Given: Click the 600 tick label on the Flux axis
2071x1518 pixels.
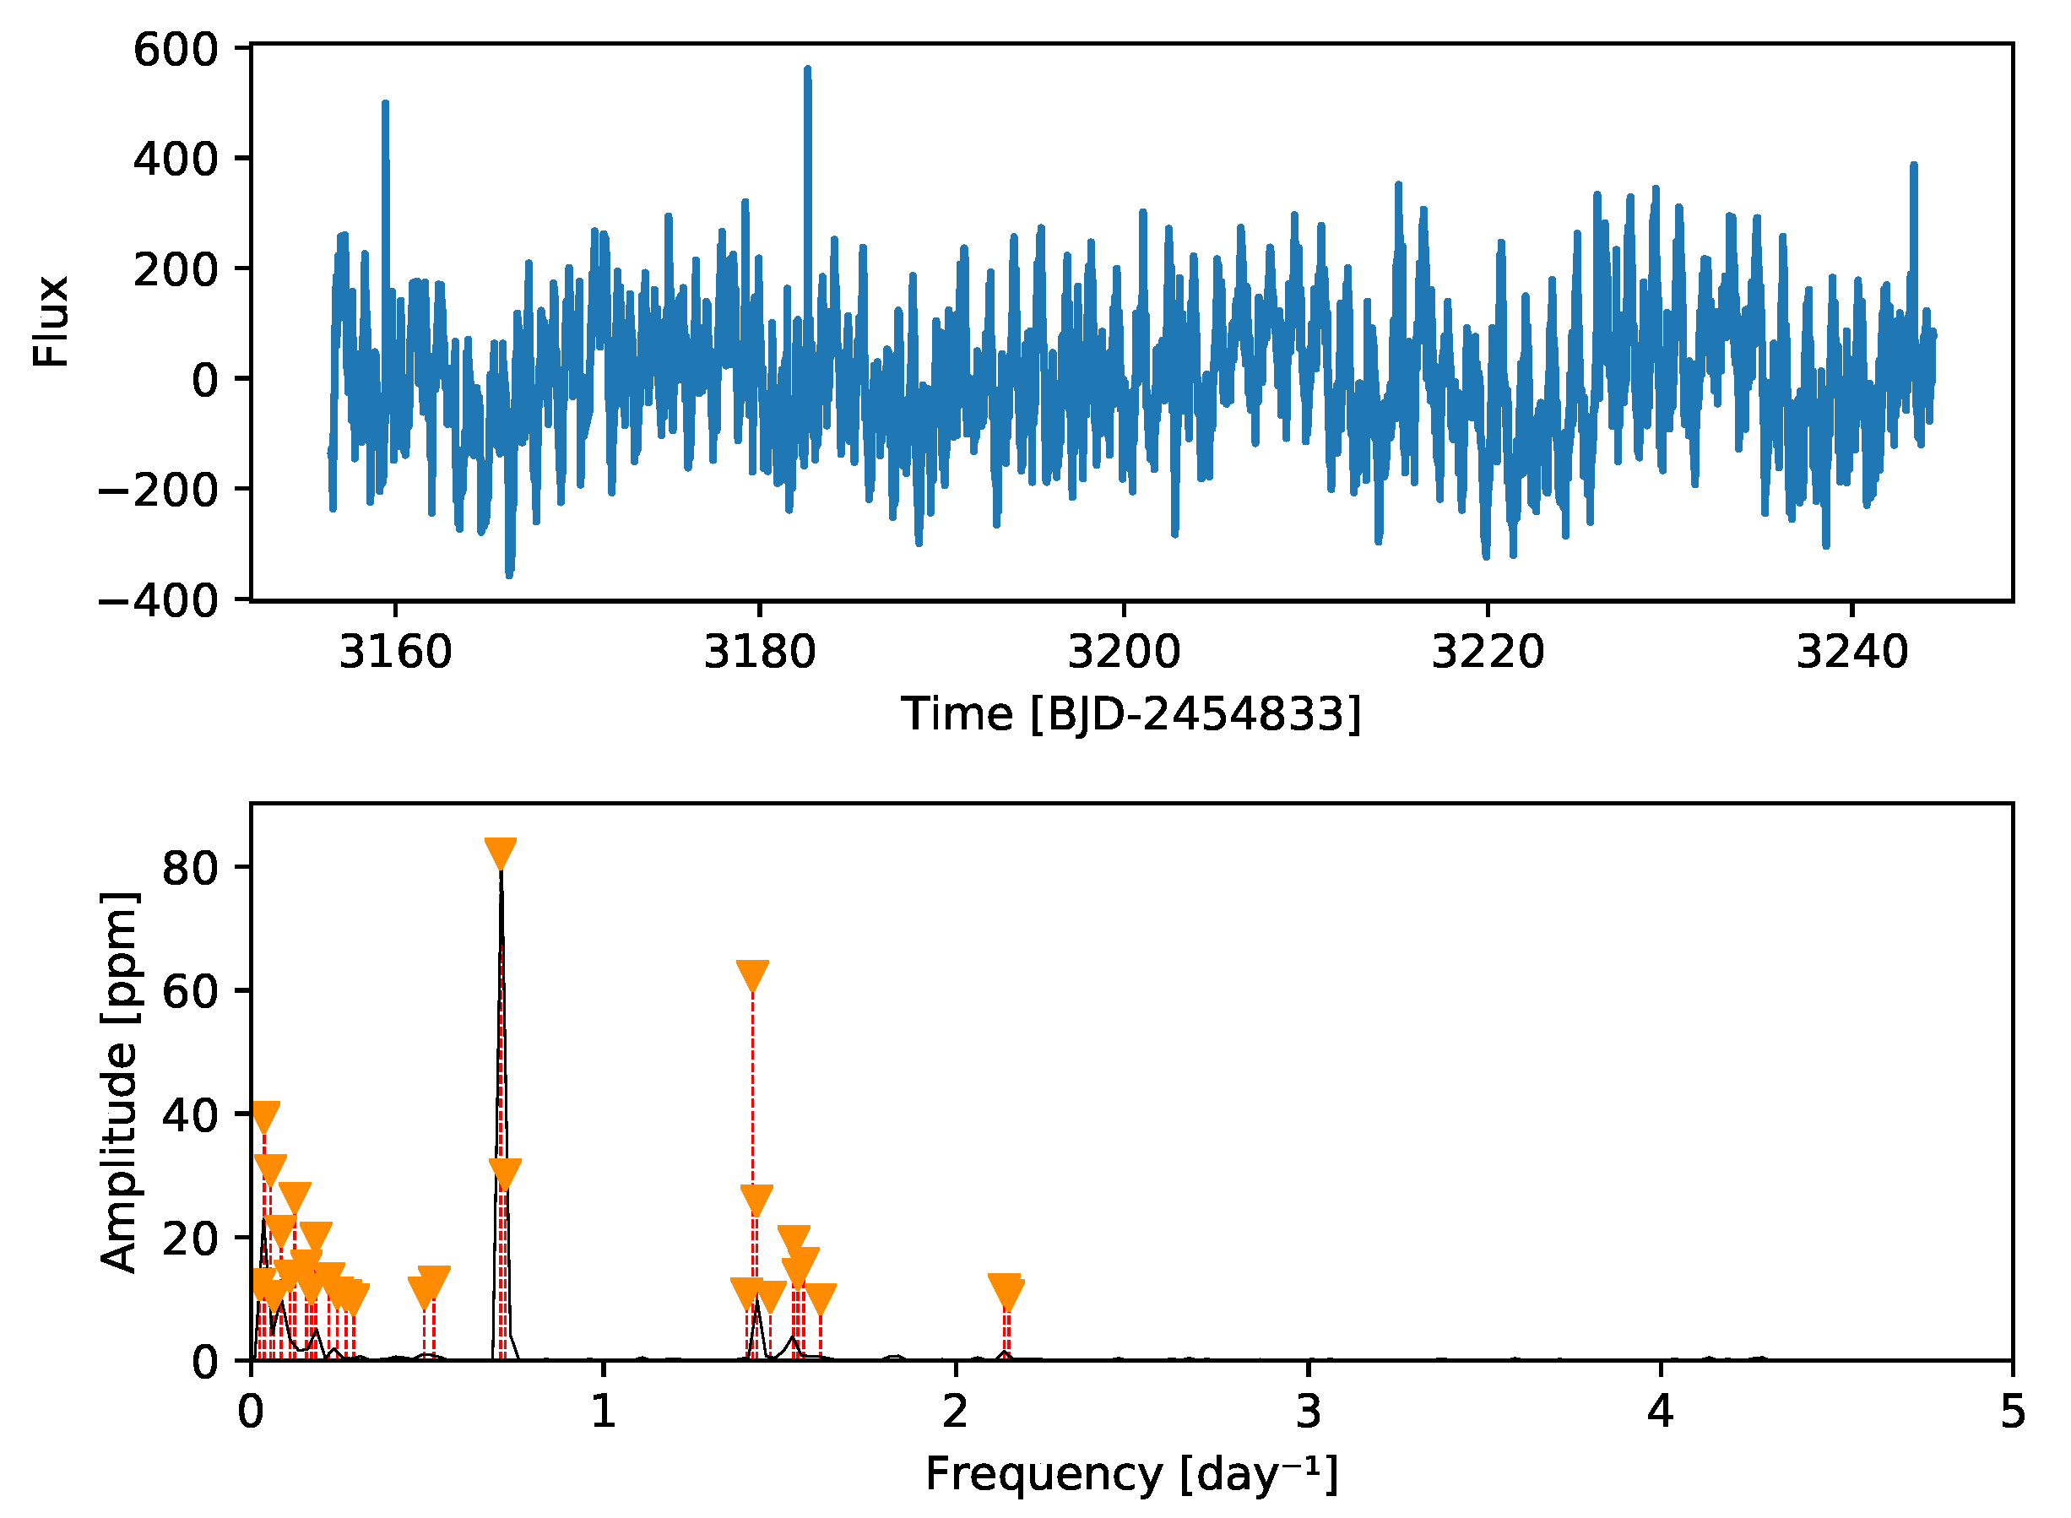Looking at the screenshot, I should click(x=176, y=50).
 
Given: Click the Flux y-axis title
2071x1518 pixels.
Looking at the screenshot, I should click(x=52, y=322).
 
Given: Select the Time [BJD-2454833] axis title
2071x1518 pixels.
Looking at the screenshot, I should click(x=1131, y=715).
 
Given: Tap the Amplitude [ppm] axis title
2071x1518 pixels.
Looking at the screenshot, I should click(x=119, y=1082).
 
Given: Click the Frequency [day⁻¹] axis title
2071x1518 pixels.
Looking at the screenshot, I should click(x=1131, y=1476).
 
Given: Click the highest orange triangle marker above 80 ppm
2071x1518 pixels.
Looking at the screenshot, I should click(x=501, y=853).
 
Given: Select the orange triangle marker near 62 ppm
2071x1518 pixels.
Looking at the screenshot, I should click(x=752, y=976).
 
